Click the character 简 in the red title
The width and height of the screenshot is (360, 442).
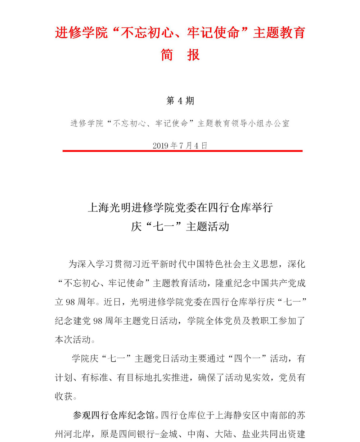[x=167, y=55]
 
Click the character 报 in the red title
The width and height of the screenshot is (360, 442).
[x=193, y=55]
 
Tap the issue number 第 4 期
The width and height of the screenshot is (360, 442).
[x=180, y=101]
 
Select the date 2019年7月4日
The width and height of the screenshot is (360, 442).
[x=180, y=146]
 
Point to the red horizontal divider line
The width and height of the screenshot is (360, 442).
[x=182, y=151]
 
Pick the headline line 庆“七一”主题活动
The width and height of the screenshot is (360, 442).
[x=180, y=227]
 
